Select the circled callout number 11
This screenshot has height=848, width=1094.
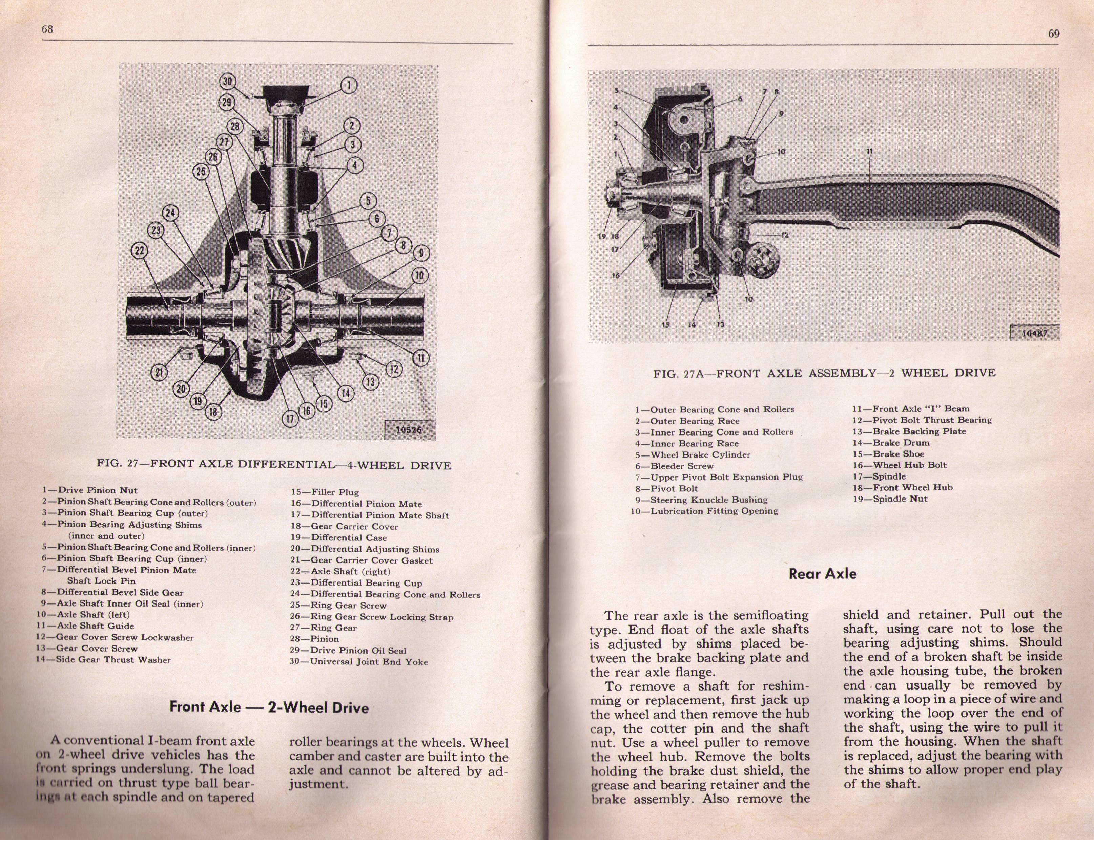421,357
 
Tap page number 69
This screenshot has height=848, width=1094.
1052,34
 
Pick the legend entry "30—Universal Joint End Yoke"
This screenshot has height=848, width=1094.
359,661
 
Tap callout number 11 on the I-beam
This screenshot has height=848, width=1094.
870,151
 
